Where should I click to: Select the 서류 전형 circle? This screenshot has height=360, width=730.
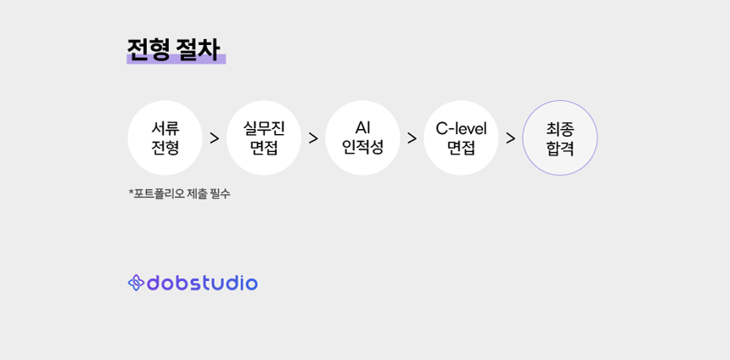click(166, 138)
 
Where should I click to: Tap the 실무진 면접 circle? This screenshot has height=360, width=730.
click(264, 138)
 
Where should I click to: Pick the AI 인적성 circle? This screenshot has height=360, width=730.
click(362, 138)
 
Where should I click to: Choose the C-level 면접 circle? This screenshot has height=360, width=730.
click(462, 138)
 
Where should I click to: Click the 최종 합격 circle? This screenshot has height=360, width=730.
click(560, 138)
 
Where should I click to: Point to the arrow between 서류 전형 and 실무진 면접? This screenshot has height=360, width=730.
click(215, 138)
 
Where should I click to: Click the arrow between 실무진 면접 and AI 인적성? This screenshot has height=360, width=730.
click(313, 138)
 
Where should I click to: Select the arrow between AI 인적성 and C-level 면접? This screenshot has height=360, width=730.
click(412, 138)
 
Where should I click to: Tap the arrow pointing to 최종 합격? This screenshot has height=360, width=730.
click(511, 138)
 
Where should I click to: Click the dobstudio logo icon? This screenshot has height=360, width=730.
click(136, 283)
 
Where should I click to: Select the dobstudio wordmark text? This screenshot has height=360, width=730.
click(202, 283)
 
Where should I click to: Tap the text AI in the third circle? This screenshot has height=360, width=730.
click(362, 128)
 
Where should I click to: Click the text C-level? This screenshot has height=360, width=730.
click(462, 128)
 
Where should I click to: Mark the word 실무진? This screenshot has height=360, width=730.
click(264, 128)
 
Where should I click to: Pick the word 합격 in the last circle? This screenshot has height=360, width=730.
click(560, 148)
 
